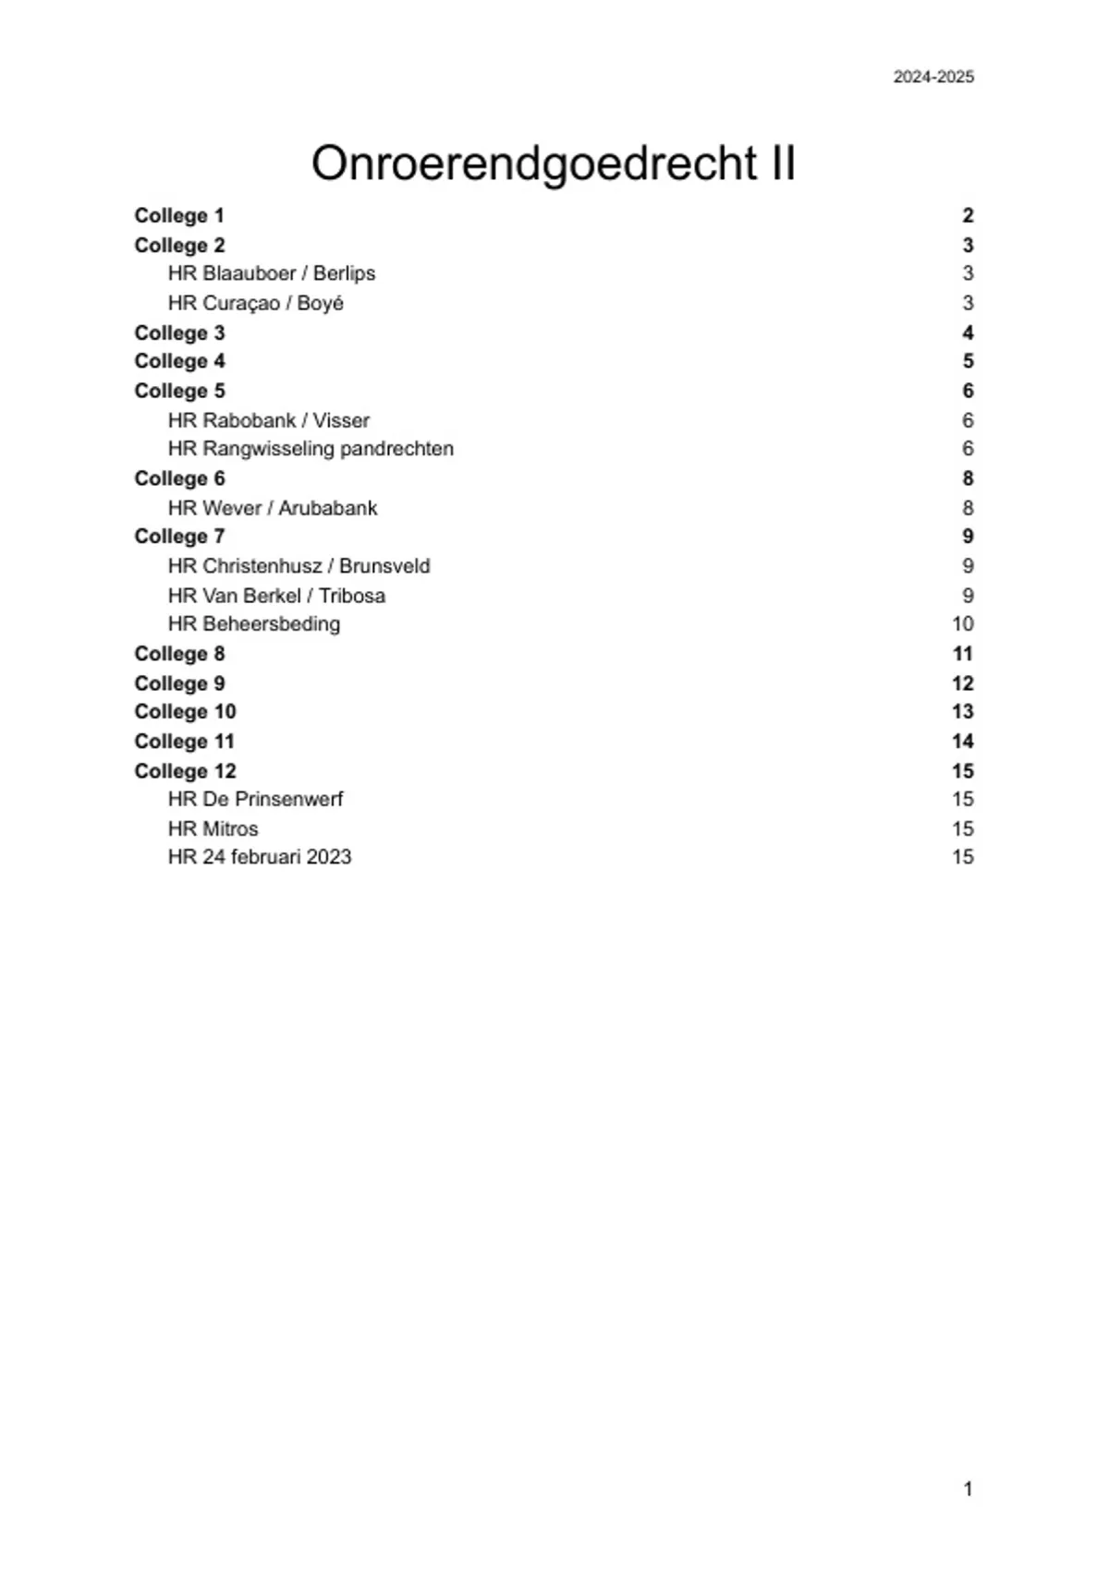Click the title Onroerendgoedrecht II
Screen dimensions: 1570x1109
click(554, 163)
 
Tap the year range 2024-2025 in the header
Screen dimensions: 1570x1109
click(932, 78)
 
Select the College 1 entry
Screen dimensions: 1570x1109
click(179, 216)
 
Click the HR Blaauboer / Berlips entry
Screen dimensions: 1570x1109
click(271, 273)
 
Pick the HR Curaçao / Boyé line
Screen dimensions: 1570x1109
click(255, 303)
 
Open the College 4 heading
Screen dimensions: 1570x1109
click(179, 361)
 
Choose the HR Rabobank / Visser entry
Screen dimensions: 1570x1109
click(268, 420)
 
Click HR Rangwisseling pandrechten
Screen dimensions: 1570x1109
click(311, 449)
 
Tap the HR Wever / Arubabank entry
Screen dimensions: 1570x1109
click(273, 508)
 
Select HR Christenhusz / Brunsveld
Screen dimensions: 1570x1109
click(299, 566)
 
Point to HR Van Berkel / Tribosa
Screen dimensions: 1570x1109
click(276, 596)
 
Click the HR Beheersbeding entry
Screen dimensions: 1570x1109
click(253, 624)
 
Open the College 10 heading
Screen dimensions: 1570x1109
click(185, 712)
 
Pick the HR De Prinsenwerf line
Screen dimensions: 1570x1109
click(255, 799)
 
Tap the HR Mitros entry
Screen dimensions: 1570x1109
click(213, 828)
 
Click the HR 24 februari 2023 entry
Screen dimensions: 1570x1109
click(260, 857)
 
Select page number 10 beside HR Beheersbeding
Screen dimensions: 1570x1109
click(962, 624)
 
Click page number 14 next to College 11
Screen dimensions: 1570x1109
click(962, 742)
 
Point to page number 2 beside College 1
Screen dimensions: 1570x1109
click(968, 216)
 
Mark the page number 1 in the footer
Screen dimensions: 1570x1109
click(968, 1489)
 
